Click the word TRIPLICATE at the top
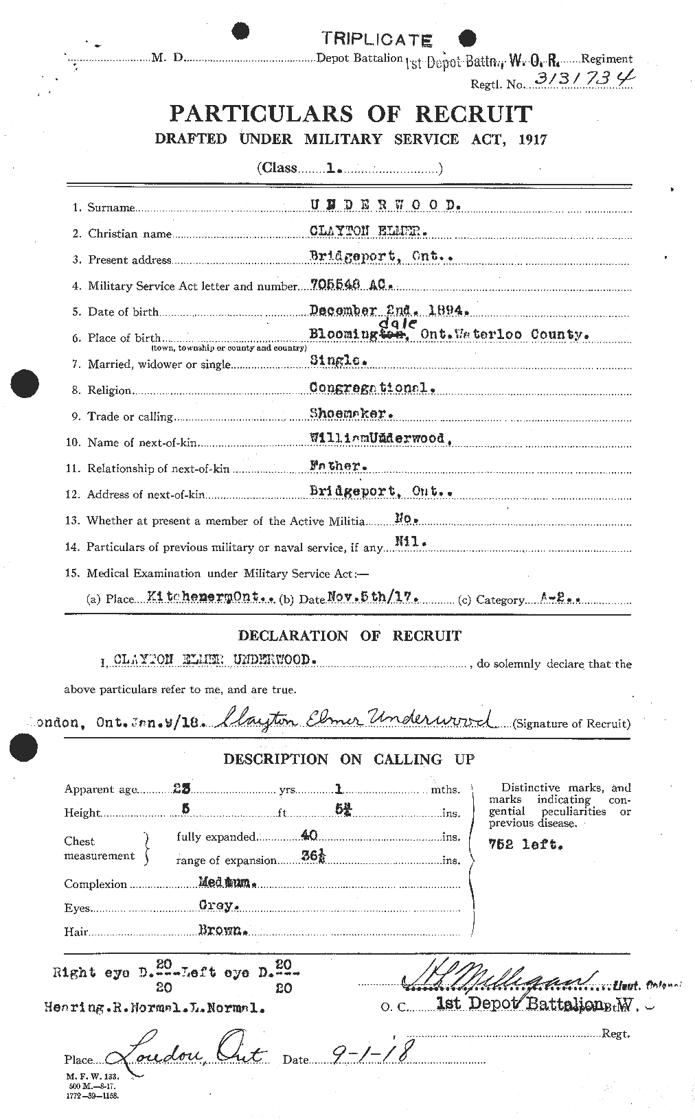coord(377,39)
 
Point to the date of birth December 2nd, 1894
coord(389,310)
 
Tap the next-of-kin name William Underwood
coord(379,439)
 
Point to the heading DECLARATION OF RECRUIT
coord(350,635)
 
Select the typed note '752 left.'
coord(525,844)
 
